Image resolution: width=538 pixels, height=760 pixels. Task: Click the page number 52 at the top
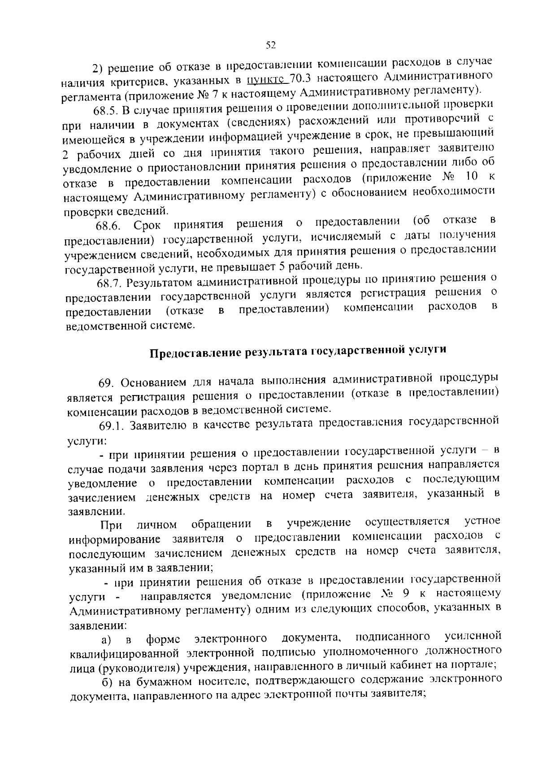click(270, 45)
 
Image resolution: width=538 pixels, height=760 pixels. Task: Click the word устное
click(482, 521)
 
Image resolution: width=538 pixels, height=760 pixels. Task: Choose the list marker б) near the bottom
click(106, 682)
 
